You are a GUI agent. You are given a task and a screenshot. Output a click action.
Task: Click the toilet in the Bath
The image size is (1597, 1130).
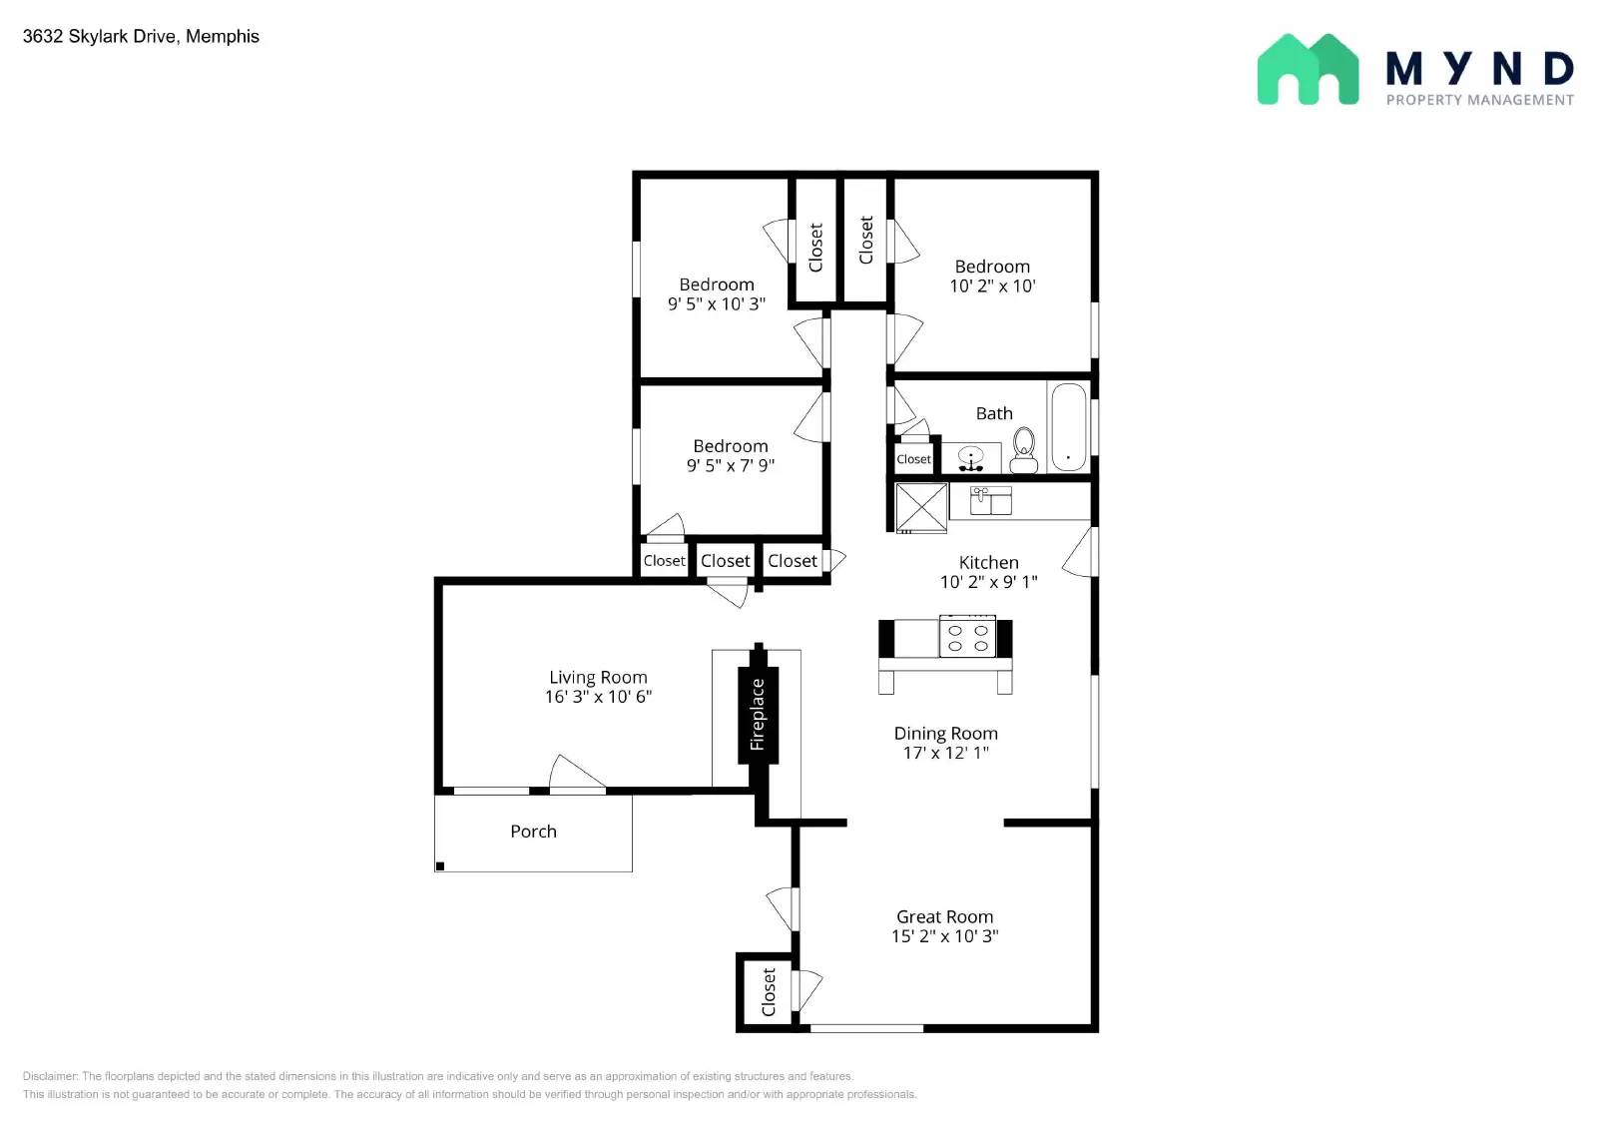[1024, 450]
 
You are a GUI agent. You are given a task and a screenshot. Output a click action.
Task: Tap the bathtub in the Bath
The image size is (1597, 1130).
[1068, 426]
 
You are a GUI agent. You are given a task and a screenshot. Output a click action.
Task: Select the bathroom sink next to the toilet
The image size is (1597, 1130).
[971, 458]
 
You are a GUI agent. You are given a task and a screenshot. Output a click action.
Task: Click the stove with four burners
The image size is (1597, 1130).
[967, 637]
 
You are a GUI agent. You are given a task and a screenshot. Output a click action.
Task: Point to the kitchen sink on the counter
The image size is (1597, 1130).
[991, 500]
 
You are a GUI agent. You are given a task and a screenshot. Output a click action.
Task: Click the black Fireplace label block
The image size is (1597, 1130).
[758, 714]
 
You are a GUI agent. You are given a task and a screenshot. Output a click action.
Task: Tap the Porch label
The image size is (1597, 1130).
[533, 832]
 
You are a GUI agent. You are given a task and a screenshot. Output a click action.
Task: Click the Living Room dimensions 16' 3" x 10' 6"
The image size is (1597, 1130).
[598, 697]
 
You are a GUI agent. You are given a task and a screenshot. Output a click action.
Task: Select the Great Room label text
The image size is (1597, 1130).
[944, 916]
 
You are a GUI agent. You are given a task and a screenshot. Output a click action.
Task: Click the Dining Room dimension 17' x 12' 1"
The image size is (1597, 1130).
[945, 753]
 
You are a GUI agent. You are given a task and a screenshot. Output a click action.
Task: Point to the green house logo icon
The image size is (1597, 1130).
[1308, 69]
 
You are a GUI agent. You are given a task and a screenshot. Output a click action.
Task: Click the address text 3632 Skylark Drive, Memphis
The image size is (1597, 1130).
[141, 36]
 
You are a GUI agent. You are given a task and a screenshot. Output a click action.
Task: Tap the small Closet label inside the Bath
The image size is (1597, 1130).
[913, 459]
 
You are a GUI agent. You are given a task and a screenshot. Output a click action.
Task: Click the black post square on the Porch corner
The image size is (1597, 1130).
[440, 865]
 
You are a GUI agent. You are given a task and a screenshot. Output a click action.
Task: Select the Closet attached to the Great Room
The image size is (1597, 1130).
[768, 991]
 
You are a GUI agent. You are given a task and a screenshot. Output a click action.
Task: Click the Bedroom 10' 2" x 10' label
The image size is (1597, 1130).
[992, 276]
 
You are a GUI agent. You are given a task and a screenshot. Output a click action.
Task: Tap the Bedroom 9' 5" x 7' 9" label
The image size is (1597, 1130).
[731, 455]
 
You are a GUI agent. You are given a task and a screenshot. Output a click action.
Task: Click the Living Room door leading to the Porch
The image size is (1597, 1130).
[577, 776]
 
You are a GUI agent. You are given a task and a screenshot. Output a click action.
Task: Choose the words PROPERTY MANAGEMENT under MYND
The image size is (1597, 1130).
[1479, 100]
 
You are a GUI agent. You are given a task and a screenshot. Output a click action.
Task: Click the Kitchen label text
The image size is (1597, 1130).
[988, 562]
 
